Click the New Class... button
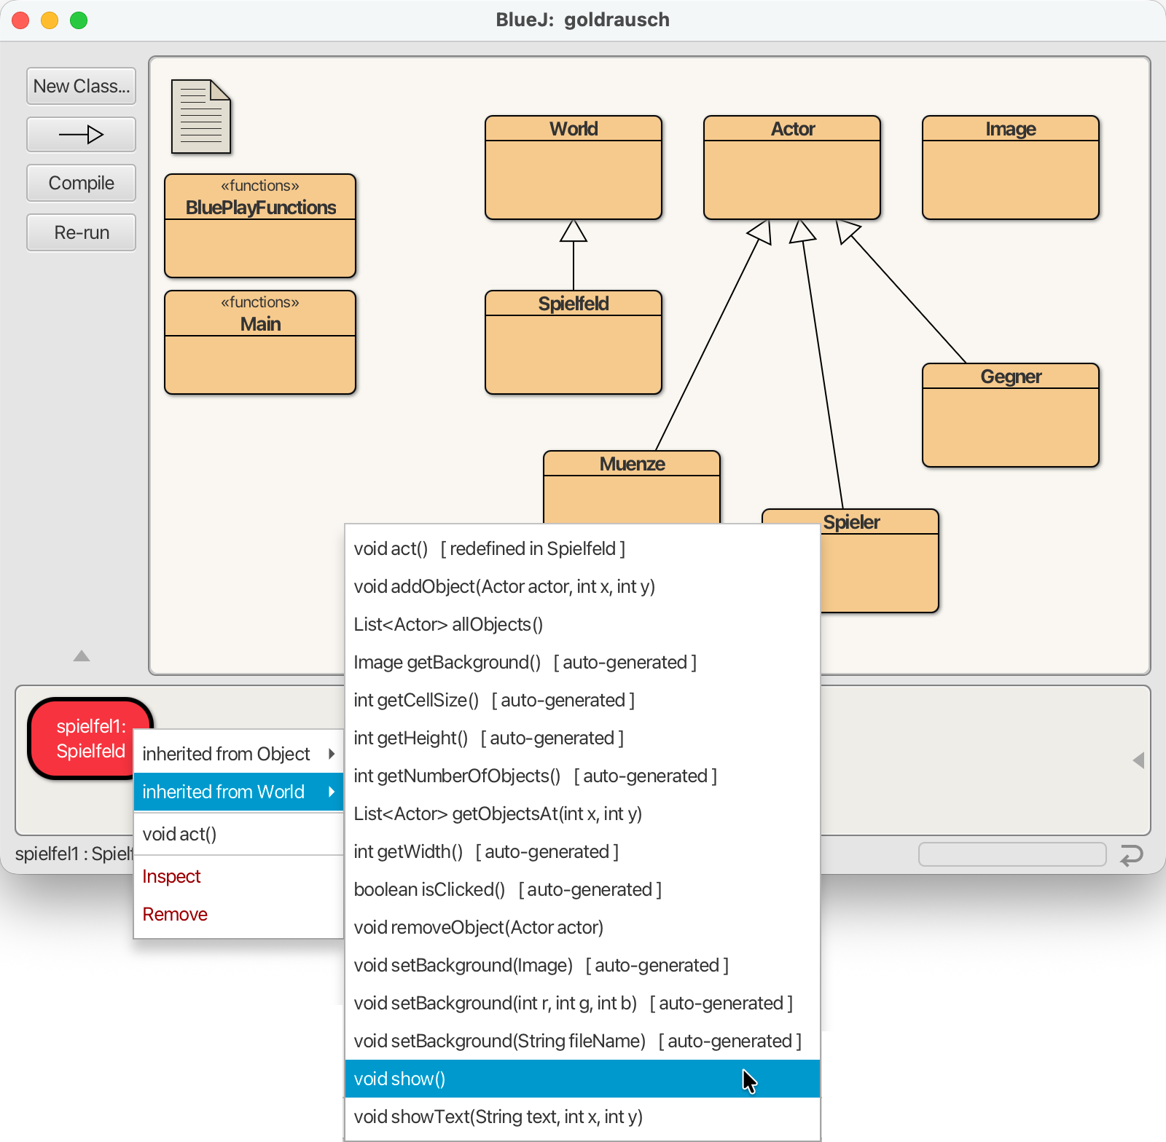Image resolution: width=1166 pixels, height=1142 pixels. [x=81, y=86]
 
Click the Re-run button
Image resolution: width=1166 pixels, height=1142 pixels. [x=81, y=232]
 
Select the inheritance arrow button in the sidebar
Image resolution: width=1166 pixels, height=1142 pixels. [x=81, y=134]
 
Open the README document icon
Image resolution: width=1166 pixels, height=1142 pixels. [x=201, y=117]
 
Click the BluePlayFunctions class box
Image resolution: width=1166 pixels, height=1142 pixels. [x=260, y=226]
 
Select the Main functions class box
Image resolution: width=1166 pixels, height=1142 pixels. [x=260, y=342]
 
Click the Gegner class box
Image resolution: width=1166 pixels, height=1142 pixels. [x=1011, y=415]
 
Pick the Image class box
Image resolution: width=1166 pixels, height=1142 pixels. [x=1011, y=168]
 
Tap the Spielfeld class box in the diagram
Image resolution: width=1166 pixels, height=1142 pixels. [x=574, y=342]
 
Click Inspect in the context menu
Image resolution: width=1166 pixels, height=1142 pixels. [x=171, y=876]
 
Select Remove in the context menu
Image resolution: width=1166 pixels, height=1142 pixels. [x=175, y=914]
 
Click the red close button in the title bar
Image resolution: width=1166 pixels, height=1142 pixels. [x=20, y=20]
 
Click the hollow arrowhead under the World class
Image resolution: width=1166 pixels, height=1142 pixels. [x=574, y=230]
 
